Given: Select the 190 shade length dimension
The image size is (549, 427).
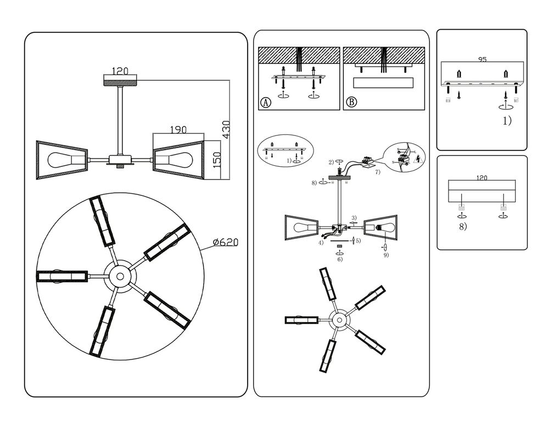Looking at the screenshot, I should tap(179, 130).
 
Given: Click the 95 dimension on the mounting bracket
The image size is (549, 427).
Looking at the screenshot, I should tap(482, 59).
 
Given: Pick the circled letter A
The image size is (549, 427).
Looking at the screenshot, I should tap(266, 102).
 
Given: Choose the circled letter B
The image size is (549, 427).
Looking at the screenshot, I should tap(351, 102).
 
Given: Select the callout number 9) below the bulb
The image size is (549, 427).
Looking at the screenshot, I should tap(386, 255).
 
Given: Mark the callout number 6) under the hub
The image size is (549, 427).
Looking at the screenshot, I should tap(340, 259).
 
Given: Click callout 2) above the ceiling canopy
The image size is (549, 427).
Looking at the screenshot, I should tap(331, 162).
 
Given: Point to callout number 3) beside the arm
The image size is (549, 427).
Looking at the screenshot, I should tap(354, 218).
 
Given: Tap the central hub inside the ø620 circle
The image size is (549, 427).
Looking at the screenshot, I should tap(119, 275).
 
